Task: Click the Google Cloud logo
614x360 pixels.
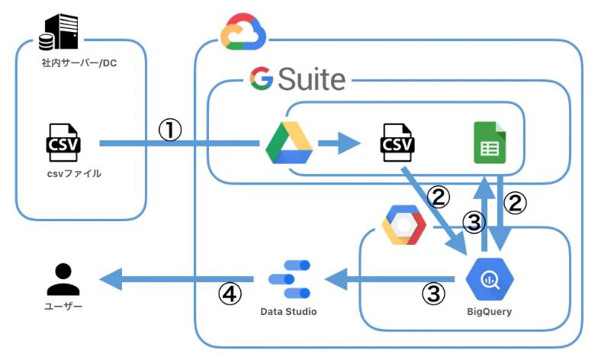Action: (x=243, y=32)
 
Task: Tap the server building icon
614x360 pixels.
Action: (x=59, y=32)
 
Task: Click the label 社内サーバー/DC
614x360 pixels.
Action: (x=79, y=63)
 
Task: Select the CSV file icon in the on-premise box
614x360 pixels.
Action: (x=63, y=143)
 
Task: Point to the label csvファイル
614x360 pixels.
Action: (x=74, y=174)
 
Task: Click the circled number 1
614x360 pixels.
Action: (x=170, y=130)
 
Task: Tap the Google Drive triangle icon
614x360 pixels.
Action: (x=289, y=143)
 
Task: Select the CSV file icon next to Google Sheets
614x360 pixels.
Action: (x=397, y=143)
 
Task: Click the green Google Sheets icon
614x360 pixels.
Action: (x=490, y=143)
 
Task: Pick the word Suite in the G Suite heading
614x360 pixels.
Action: (x=312, y=79)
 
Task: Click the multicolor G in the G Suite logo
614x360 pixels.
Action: (x=261, y=79)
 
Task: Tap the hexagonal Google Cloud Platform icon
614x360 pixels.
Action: (x=403, y=225)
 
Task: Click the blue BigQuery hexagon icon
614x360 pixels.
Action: (x=490, y=279)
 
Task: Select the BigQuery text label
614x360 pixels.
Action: (x=490, y=312)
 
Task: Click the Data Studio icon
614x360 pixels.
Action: (x=289, y=279)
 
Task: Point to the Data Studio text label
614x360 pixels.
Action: (x=288, y=312)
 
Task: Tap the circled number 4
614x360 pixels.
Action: (x=230, y=294)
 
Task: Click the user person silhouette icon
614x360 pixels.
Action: (x=63, y=279)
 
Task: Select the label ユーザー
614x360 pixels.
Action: (x=63, y=307)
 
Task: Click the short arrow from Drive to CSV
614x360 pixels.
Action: (x=339, y=143)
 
